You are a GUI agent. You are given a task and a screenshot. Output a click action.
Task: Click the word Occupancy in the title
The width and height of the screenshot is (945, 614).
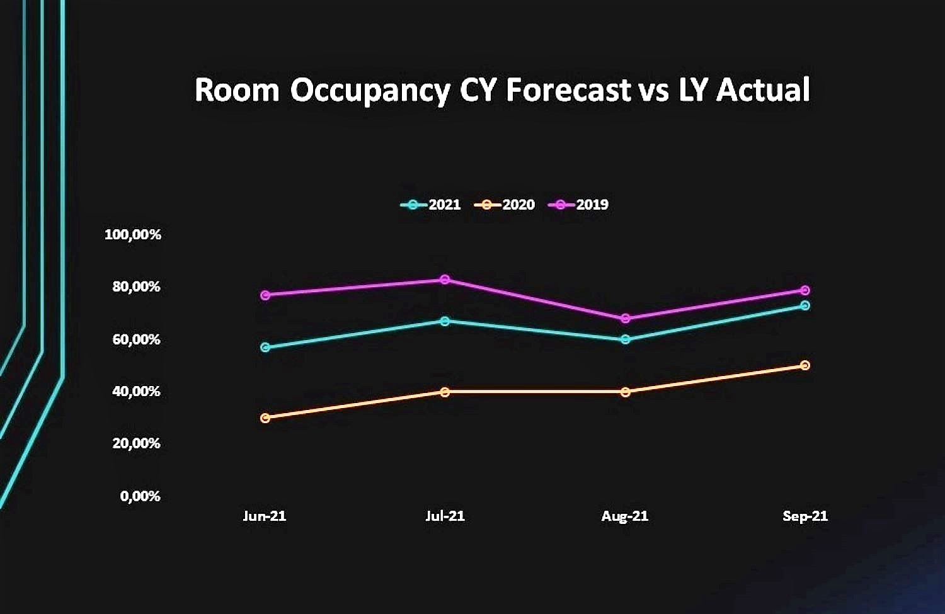click(370, 91)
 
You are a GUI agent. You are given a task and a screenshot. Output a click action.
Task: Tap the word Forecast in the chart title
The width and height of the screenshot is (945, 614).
click(568, 89)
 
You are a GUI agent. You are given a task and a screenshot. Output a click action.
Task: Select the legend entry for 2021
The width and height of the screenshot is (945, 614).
click(430, 205)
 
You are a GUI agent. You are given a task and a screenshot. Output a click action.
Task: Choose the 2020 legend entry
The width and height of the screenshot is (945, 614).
click(504, 205)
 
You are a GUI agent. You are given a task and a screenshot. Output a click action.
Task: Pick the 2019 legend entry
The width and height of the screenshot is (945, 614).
click(578, 205)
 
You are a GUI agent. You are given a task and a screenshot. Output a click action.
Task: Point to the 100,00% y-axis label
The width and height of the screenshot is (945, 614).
click(132, 235)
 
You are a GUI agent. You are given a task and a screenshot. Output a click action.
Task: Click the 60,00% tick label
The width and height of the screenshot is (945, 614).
click(136, 339)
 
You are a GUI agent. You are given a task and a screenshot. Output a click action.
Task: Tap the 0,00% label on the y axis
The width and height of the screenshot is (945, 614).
click(140, 496)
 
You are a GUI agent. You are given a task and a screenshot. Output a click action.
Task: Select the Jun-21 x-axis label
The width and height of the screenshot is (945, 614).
click(265, 516)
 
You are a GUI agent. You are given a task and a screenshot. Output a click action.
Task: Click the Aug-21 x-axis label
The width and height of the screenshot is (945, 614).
click(625, 516)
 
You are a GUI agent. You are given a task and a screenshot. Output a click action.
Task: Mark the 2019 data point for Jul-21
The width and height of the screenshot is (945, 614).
click(445, 279)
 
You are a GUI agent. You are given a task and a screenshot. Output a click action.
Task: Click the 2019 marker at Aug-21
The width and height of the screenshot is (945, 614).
click(626, 319)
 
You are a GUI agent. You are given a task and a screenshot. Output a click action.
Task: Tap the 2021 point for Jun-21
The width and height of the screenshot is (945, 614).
click(265, 348)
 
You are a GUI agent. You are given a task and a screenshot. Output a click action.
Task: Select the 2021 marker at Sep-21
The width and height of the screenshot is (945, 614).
click(805, 305)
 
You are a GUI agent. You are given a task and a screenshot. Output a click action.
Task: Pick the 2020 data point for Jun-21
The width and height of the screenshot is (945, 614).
click(265, 418)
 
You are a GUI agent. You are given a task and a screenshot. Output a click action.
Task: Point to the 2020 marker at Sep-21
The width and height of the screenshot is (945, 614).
click(805, 365)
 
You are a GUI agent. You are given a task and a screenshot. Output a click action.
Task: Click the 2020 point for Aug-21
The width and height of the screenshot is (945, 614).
click(626, 392)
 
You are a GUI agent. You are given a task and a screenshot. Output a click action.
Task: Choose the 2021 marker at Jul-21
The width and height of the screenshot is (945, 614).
click(445, 321)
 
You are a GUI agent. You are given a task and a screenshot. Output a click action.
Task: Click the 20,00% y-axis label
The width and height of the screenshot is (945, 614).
click(136, 443)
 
